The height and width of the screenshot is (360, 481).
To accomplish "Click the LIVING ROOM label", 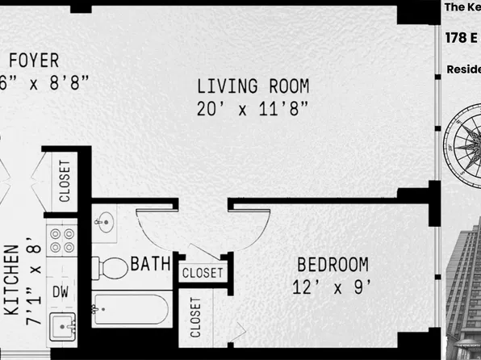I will coord(253,86).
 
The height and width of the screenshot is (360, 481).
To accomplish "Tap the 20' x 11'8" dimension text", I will coord(253,109).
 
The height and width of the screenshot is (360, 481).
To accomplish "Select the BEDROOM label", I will coord(333,265).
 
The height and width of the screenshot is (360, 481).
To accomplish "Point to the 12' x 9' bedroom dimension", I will coord(333,287).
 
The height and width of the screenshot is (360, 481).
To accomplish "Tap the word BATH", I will coord(150,264).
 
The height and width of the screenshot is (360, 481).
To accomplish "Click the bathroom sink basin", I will coord(107,222).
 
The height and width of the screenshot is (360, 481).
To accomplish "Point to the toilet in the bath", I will coord(111,267).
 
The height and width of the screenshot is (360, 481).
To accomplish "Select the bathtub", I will coord(131,310).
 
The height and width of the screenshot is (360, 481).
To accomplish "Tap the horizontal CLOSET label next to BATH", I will coord(203,274).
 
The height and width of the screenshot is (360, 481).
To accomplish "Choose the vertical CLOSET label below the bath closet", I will coord(196,318).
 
